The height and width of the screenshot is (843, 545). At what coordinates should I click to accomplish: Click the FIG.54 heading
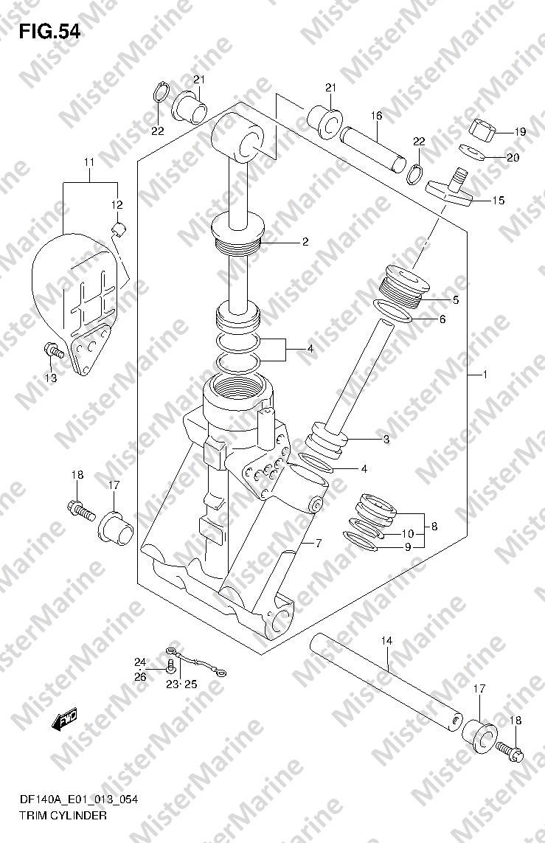[49, 32]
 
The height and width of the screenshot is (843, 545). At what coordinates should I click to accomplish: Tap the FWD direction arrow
[64, 719]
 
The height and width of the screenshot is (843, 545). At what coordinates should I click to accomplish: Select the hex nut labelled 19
[482, 130]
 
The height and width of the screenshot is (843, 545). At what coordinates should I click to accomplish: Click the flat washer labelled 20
[473, 152]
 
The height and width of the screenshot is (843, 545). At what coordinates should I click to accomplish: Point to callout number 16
[376, 116]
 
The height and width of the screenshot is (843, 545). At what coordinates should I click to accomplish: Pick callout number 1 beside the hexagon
[485, 374]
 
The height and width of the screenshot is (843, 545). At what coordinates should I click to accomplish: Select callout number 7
[318, 544]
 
